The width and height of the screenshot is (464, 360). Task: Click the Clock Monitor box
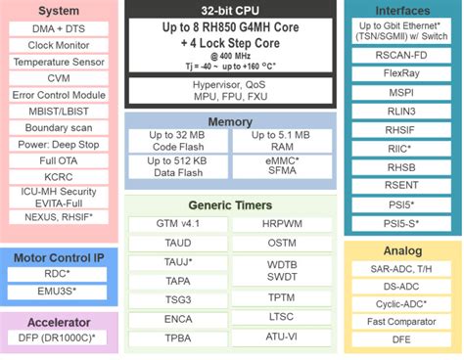[x=60, y=44]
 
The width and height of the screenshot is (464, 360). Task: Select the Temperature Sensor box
[x=60, y=62]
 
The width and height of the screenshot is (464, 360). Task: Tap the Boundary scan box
[x=60, y=127]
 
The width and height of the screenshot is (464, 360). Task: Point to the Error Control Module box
[x=60, y=95]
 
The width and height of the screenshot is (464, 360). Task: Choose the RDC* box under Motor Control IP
[x=60, y=274]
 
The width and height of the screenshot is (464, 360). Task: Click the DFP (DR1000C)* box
[x=60, y=337]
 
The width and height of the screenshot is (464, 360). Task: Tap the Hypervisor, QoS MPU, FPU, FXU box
[x=230, y=91]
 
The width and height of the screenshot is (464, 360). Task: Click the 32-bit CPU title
[x=230, y=10]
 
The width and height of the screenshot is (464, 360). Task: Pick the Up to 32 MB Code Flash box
[x=177, y=141]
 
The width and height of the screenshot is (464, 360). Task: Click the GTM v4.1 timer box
[x=175, y=224]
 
